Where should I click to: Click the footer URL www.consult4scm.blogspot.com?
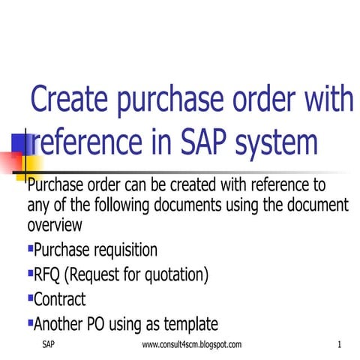click(x=192, y=344)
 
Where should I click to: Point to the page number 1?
click(x=340, y=344)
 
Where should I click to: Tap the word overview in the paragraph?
click(x=54, y=225)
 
